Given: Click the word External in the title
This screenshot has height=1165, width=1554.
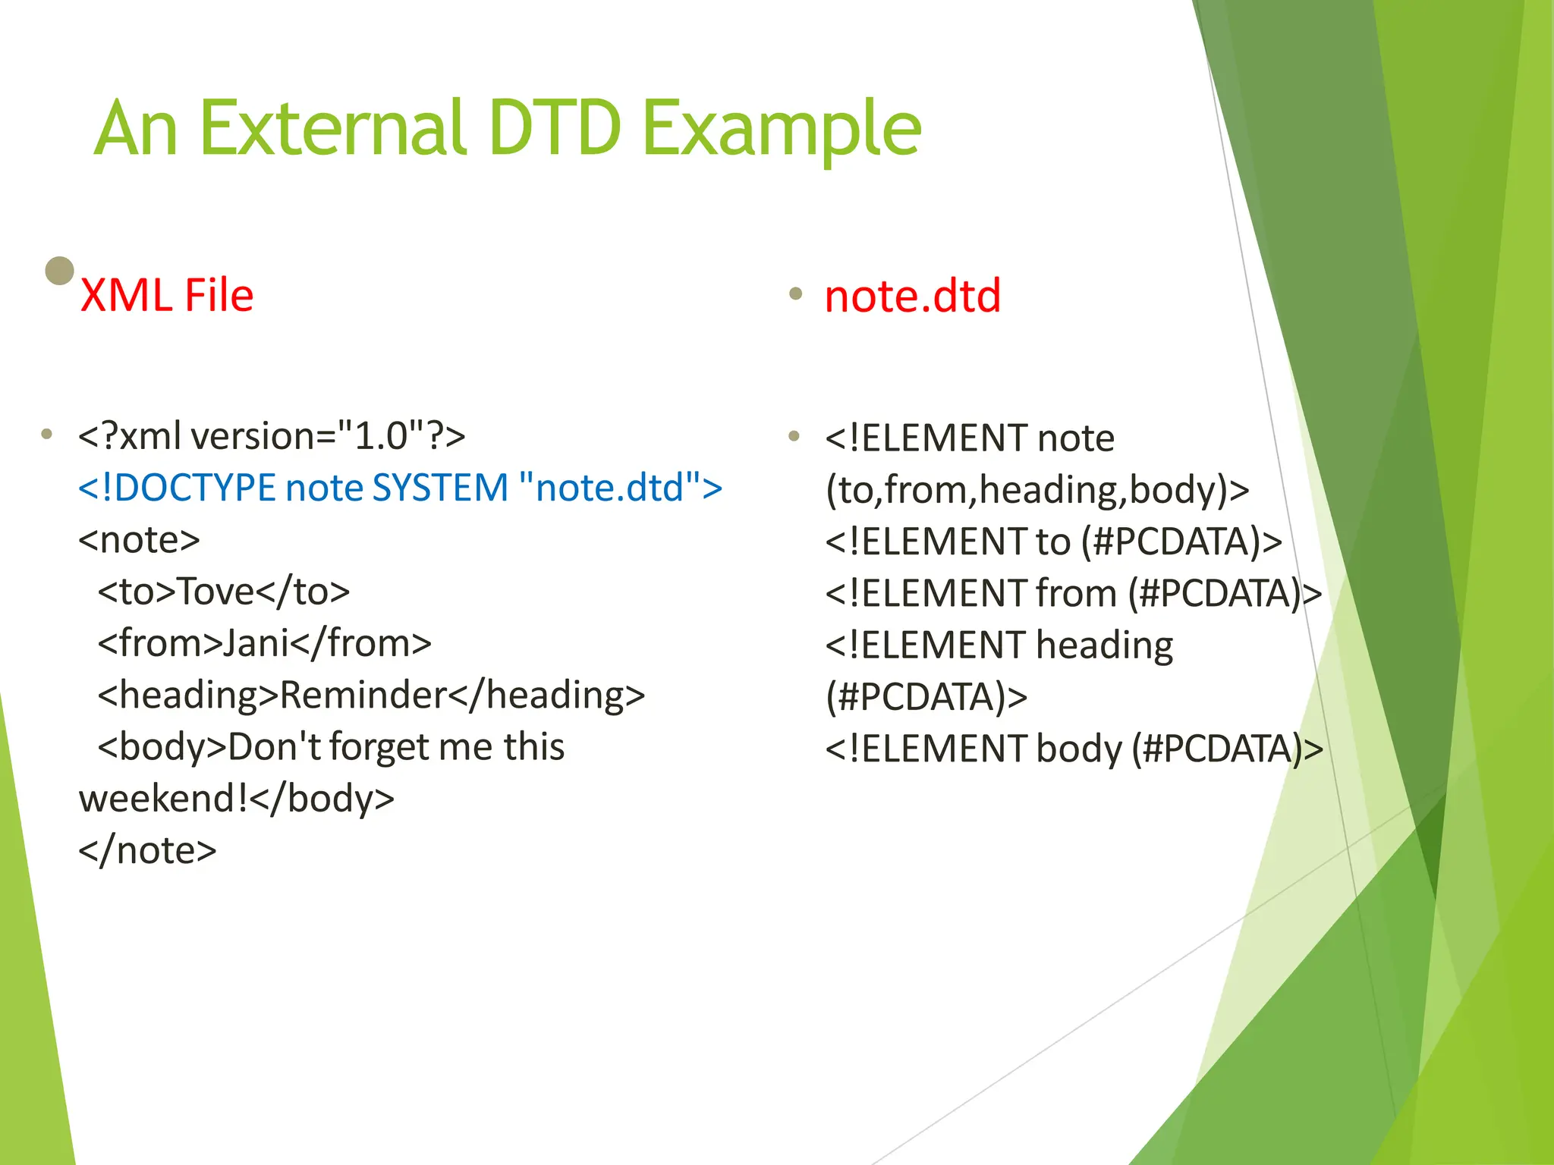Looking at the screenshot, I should click(x=334, y=129).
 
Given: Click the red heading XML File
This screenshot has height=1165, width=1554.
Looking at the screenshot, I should click(x=166, y=296).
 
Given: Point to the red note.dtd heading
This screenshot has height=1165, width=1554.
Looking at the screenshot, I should click(x=912, y=296).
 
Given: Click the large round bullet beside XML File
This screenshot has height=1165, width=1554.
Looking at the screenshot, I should click(x=60, y=271).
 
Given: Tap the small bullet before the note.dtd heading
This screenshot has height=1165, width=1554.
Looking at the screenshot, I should click(x=795, y=294).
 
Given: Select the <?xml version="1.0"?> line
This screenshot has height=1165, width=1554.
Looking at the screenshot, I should click(x=272, y=436).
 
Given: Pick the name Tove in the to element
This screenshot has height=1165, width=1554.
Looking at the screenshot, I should click(x=215, y=592).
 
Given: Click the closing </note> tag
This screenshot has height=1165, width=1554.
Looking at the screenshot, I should click(x=147, y=850).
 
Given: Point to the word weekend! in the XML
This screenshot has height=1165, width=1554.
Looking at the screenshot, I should click(x=162, y=799).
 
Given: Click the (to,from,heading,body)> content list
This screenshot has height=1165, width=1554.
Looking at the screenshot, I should click(x=1037, y=490).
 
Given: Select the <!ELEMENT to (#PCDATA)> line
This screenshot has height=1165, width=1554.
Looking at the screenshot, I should click(x=1053, y=542).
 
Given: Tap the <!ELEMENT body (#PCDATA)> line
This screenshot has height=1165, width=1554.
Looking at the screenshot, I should click(x=1074, y=749).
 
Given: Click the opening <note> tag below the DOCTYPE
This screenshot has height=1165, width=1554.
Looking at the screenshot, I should click(x=139, y=540).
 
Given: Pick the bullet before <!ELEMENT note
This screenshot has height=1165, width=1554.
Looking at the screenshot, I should click(x=794, y=436).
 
